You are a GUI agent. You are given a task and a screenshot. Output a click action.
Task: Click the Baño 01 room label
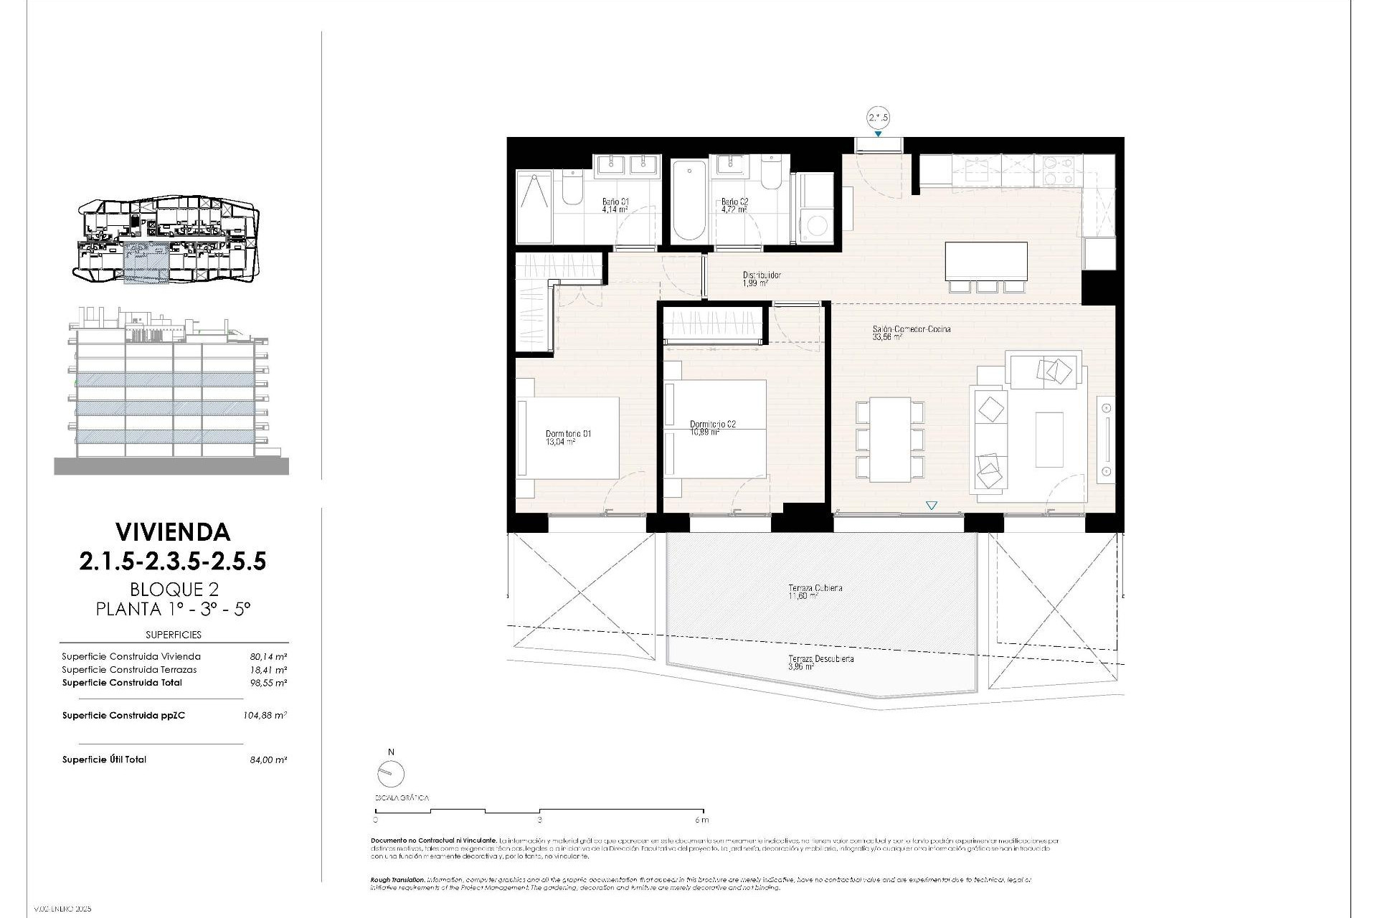click(615, 202)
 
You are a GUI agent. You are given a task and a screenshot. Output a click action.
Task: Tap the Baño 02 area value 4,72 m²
click(734, 211)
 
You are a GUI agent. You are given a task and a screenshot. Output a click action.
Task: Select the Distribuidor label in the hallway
click(761, 275)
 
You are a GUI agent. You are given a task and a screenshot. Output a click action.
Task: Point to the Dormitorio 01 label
click(568, 433)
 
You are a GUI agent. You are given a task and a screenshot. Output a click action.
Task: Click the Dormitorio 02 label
click(712, 424)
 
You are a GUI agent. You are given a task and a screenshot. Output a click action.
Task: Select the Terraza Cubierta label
click(815, 587)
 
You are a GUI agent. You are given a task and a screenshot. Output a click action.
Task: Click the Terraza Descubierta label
click(820, 658)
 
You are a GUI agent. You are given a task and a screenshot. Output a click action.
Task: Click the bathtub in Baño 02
click(688, 200)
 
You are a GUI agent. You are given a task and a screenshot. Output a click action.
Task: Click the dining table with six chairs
click(890, 439)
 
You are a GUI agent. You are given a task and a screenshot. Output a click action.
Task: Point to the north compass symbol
click(391, 773)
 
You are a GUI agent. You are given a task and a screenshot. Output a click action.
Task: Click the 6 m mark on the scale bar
click(701, 819)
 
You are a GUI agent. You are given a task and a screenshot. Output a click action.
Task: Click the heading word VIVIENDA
click(173, 531)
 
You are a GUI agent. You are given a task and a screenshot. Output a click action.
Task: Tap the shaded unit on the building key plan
click(146, 262)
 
